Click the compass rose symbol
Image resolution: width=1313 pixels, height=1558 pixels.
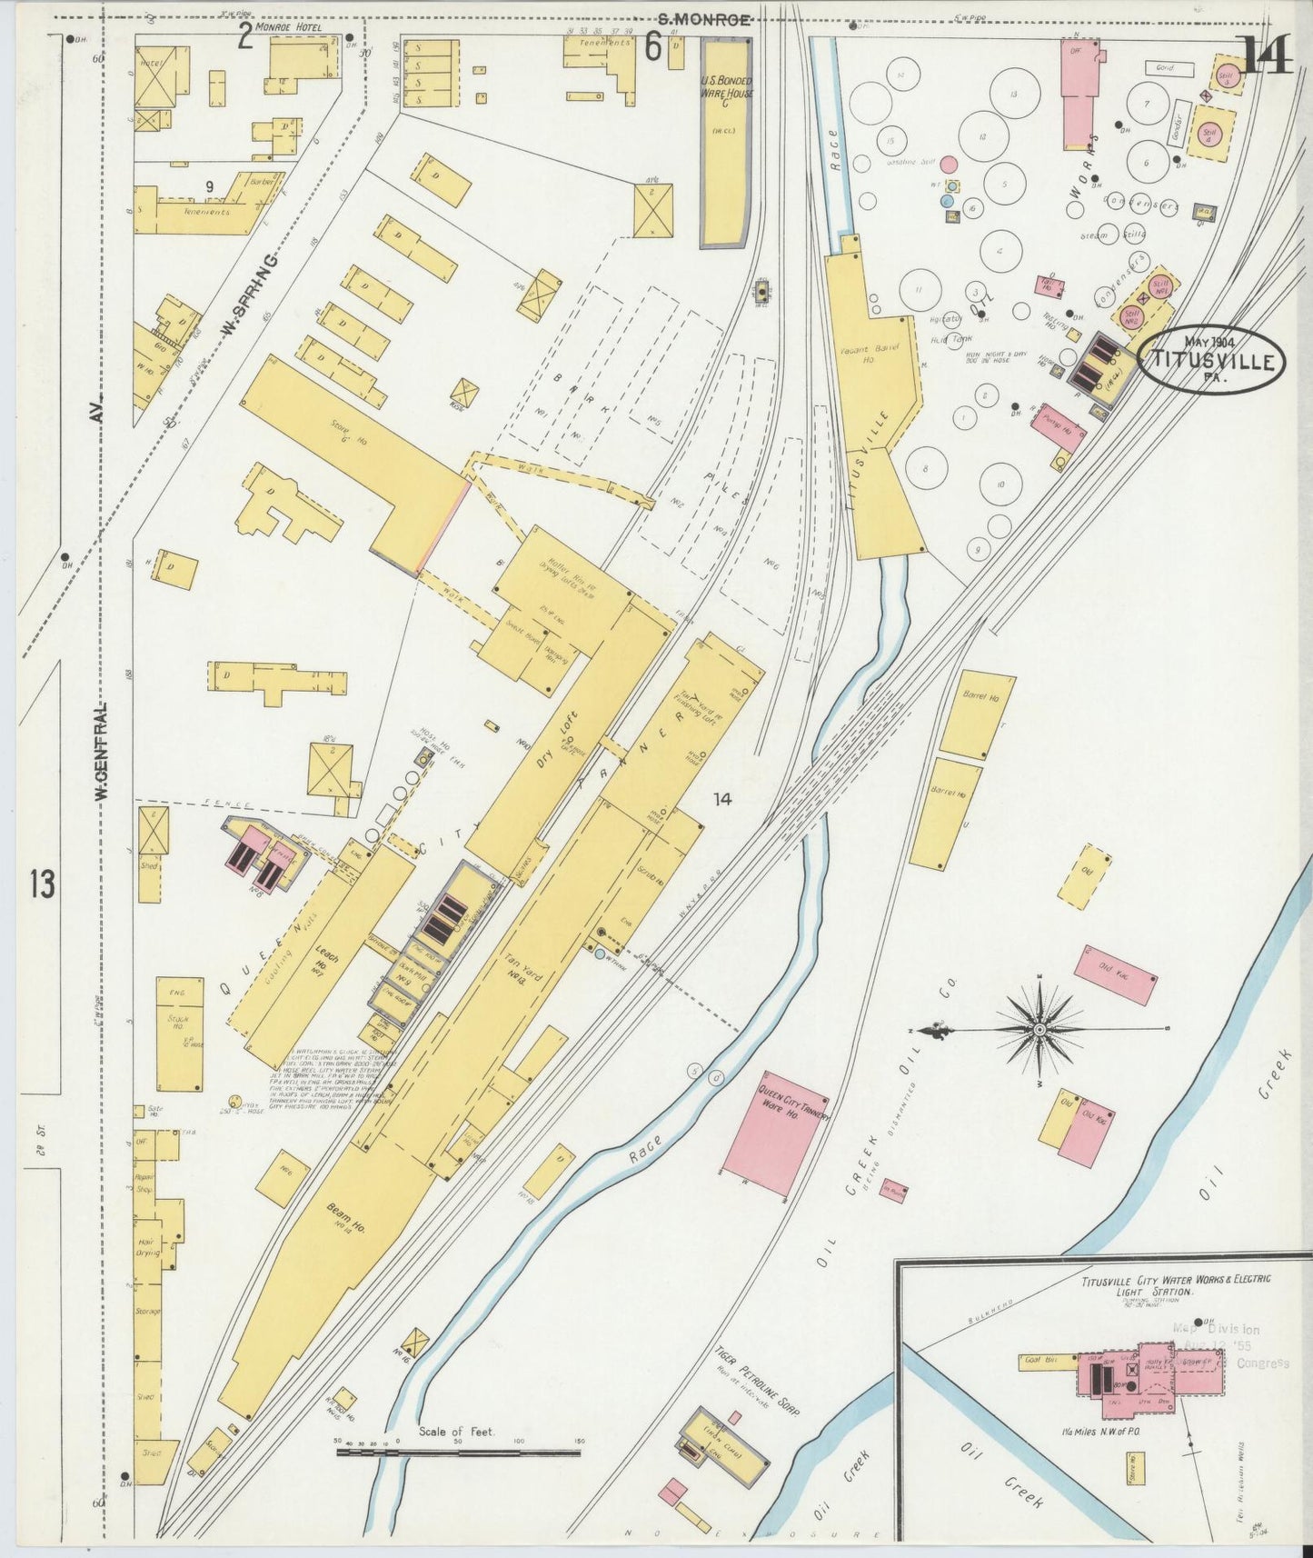coord(1039,1030)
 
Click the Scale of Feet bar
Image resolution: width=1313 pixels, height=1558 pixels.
coord(458,1453)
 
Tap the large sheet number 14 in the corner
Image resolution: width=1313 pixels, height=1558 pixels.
coord(1266,57)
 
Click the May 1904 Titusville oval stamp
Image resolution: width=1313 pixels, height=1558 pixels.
coord(1211,360)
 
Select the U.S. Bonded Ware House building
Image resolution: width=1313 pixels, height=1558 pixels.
coord(724,145)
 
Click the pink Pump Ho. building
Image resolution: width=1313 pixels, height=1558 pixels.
coord(1059,428)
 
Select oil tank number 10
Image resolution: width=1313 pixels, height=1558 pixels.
coord(1000,484)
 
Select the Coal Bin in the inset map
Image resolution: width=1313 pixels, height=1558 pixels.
coord(1037,1361)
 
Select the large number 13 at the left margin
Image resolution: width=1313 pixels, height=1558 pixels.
coord(42,884)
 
